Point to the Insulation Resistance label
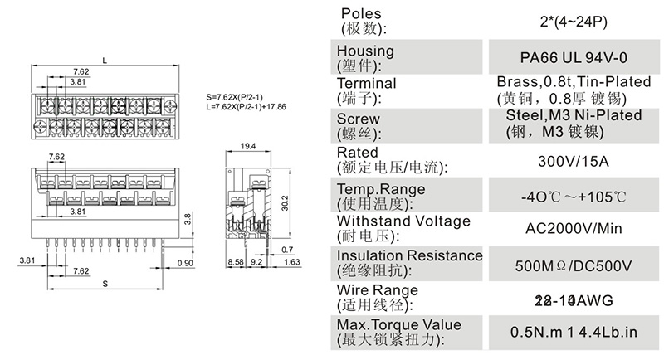click(409, 255)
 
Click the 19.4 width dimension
click(247, 147)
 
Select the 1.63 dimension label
click(292, 263)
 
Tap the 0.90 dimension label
click(185, 263)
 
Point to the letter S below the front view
click(105, 284)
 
